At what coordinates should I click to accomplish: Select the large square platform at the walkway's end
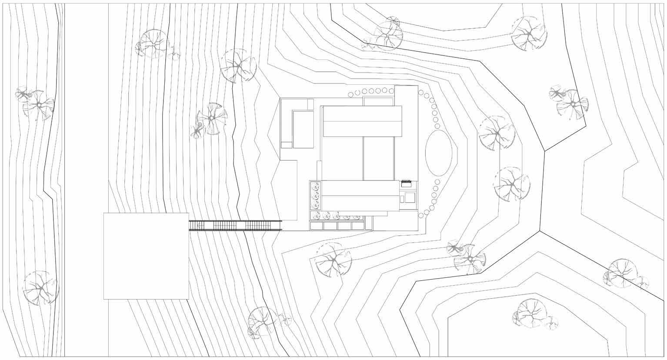146,256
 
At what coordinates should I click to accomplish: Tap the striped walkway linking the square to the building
235,226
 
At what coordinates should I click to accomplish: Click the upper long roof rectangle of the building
362,121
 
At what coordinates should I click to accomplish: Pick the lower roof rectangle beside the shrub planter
360,196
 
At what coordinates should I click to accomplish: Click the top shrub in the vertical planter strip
315,187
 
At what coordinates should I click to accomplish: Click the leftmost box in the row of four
316,226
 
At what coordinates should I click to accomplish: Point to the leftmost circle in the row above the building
351,95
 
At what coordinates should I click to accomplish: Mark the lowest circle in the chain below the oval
421,216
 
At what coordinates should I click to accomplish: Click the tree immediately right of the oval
496,133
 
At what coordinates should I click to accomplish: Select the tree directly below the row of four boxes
333,260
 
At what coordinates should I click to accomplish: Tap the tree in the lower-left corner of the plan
40,288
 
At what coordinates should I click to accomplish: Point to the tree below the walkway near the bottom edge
262,322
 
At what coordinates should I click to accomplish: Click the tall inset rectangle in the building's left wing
303,130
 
